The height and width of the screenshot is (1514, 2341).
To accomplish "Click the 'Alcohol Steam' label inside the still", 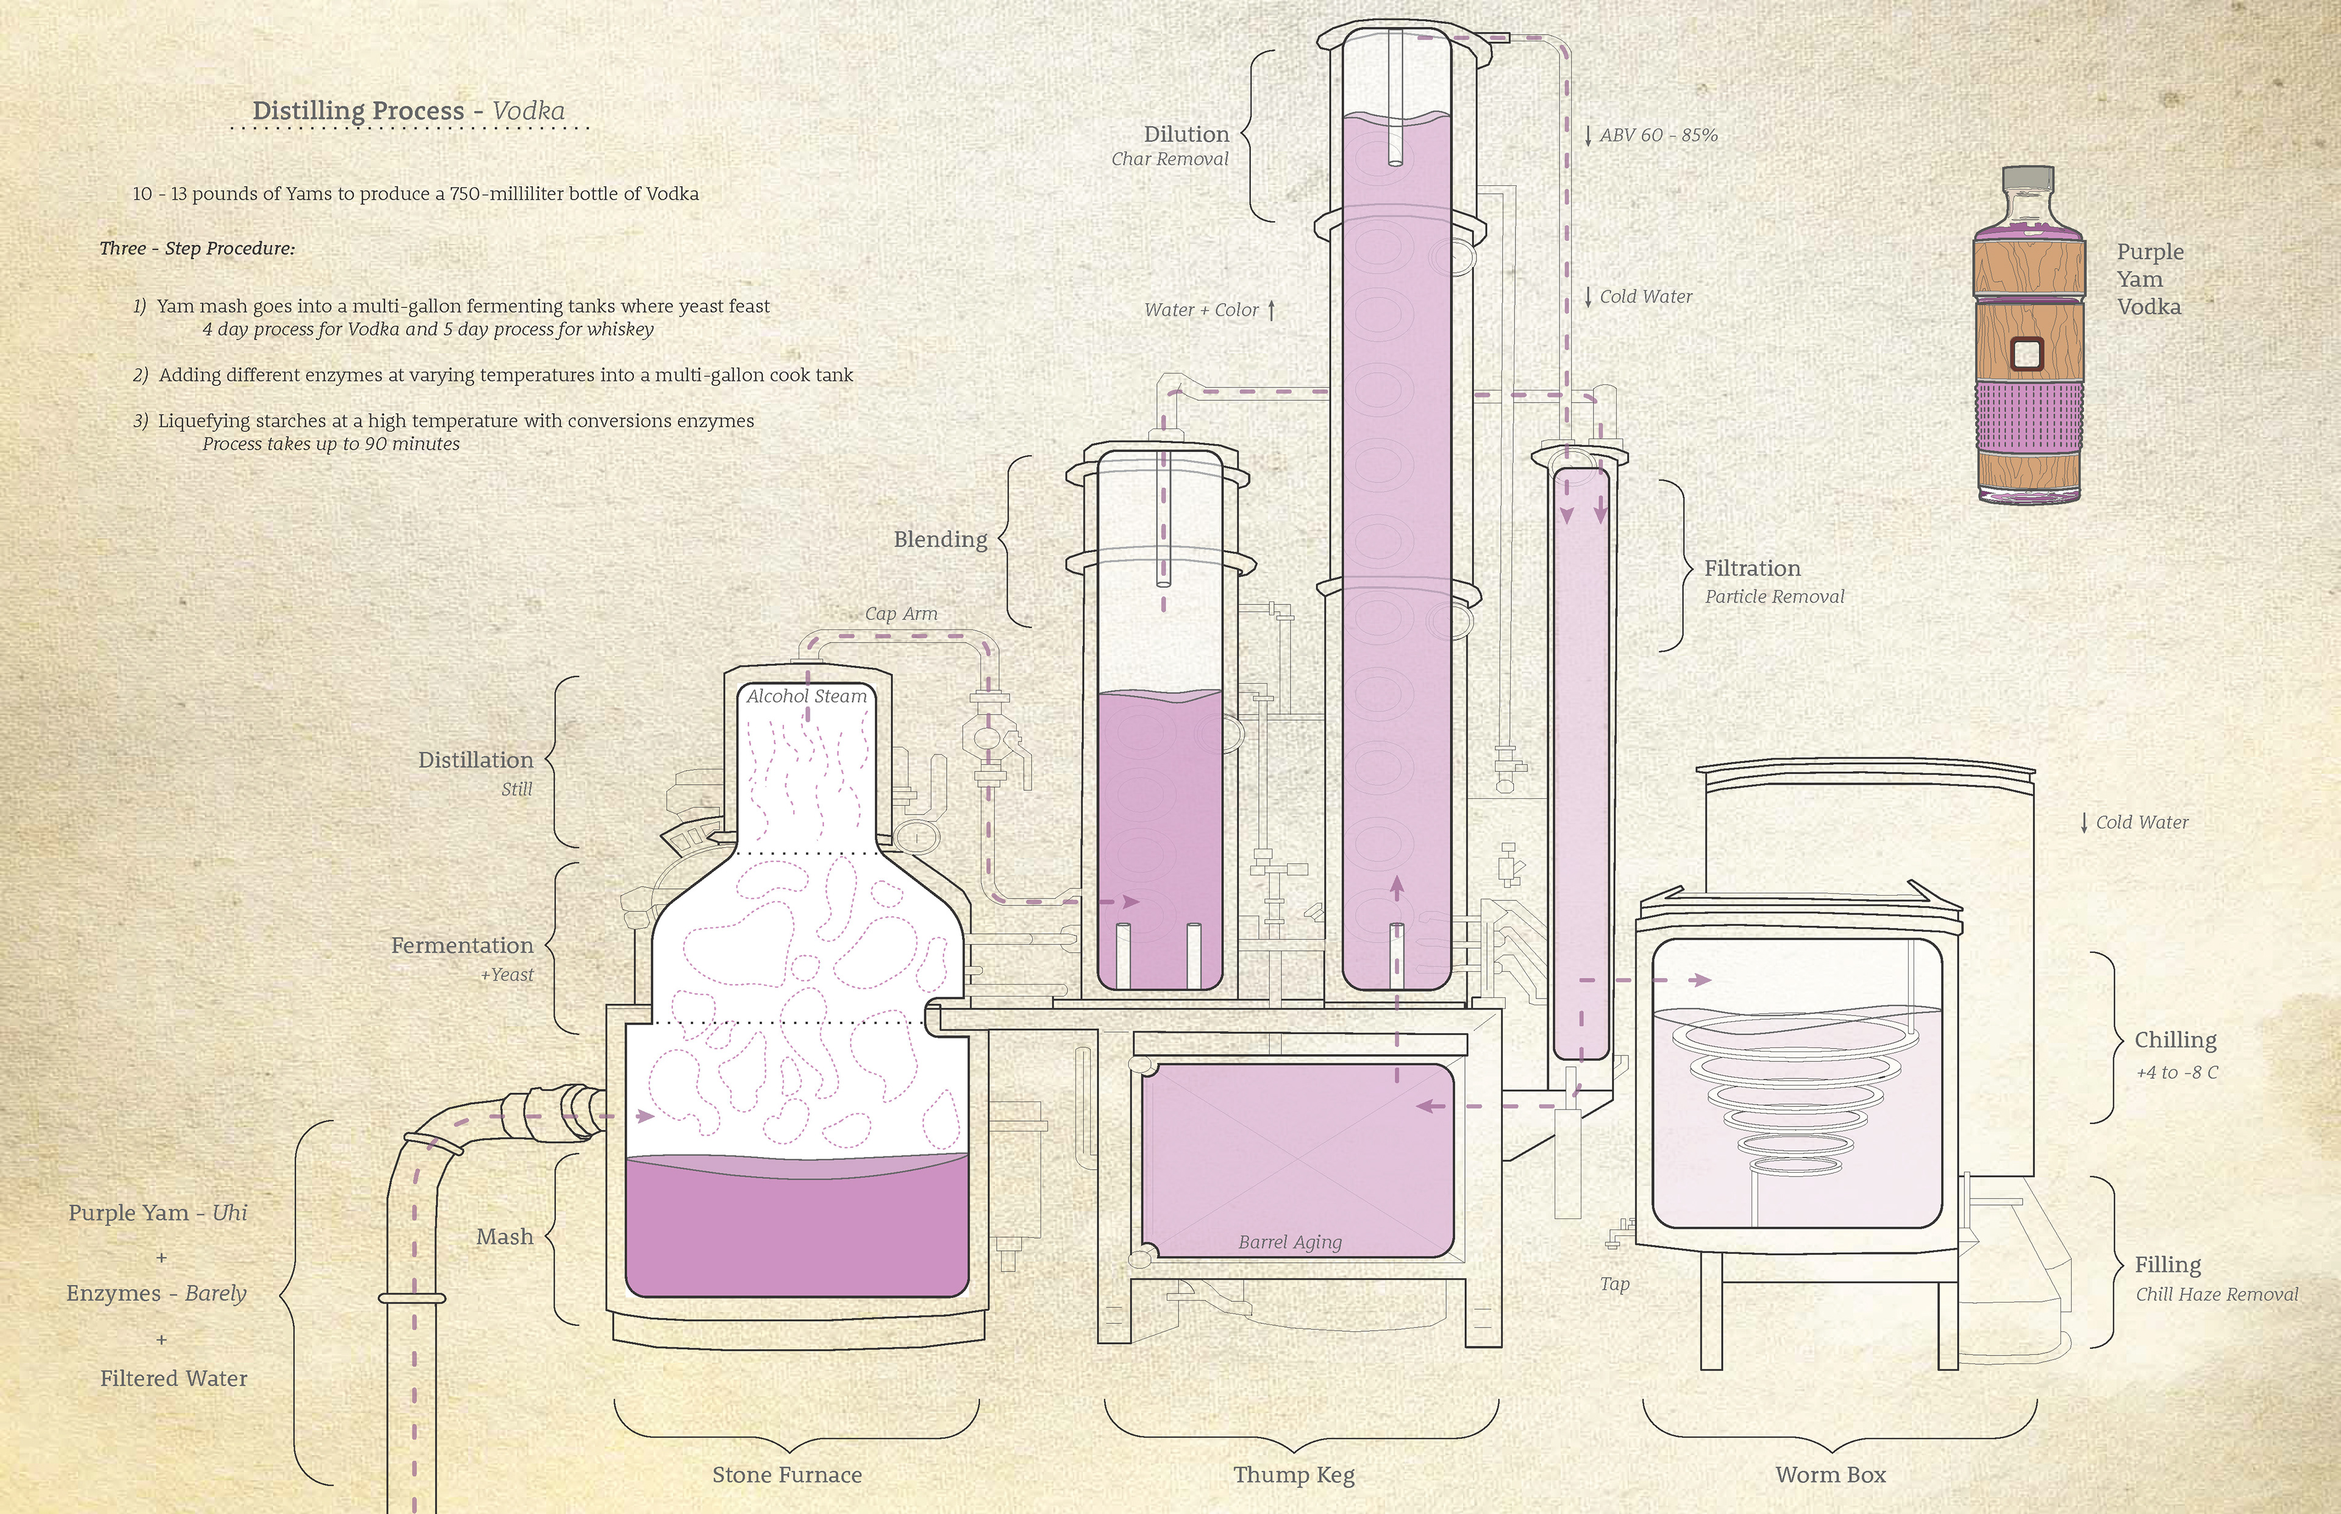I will [807, 696].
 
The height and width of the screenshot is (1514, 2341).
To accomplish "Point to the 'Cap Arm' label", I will [901, 614].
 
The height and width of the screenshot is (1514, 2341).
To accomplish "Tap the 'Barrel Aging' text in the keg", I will [1289, 1242].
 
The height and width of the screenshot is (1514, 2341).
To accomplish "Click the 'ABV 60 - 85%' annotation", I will [1658, 135].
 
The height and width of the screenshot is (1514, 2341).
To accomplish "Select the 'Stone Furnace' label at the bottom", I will [787, 1474].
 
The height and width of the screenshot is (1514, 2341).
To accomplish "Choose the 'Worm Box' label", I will [1831, 1474].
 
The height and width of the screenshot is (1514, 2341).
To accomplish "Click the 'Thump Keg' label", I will [1294, 1474].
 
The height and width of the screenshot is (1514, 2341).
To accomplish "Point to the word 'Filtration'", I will [1752, 568].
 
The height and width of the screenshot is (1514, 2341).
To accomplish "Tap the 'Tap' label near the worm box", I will [1614, 1284].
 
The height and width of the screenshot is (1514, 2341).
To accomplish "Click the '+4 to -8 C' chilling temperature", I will [2177, 1072].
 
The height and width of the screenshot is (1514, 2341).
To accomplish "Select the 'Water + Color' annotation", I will [1201, 310].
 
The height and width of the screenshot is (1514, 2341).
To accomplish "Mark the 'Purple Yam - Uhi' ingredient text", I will [157, 1213].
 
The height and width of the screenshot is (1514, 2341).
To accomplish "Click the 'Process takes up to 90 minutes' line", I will [332, 444].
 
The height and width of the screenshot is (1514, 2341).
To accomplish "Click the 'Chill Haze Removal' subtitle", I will [2217, 1295].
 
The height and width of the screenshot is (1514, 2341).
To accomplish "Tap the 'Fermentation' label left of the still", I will [462, 946].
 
